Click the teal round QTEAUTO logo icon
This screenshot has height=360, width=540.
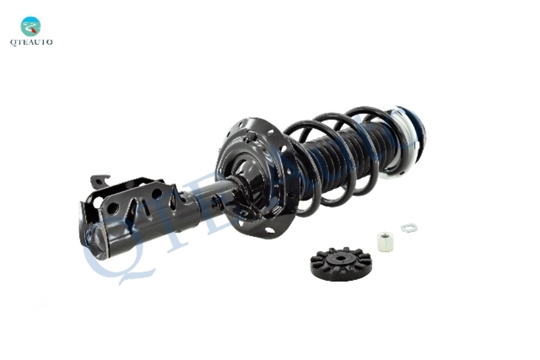pos(31,26)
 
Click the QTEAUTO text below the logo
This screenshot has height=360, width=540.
pos(31,42)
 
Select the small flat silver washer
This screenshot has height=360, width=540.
pos(409,227)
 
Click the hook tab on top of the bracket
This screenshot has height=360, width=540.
pos(99,181)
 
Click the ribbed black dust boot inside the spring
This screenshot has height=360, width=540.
pos(346,157)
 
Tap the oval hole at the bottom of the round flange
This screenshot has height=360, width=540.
pos(269,231)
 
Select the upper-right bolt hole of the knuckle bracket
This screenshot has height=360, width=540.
pos(157,193)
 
